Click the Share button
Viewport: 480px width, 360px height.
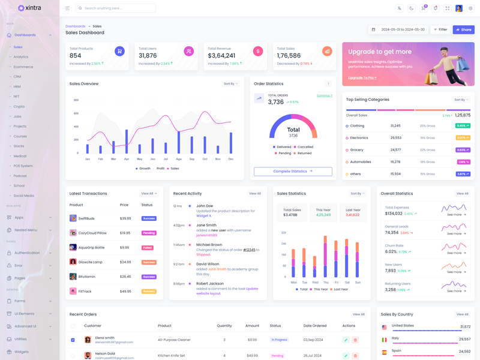pos(463,29)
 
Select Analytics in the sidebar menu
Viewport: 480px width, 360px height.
pos(21,57)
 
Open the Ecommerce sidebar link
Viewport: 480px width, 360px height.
pos(23,67)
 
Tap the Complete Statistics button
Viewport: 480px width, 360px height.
pos(293,172)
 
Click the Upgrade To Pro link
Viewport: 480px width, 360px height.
pos(362,77)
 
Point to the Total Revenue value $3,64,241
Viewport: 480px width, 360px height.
pos(221,56)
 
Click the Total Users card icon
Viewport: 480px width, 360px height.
pos(189,52)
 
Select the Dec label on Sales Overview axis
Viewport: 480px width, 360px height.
pos(231,159)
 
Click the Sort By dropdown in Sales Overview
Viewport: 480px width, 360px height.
pos(230,84)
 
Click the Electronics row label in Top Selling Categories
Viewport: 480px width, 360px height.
pos(359,138)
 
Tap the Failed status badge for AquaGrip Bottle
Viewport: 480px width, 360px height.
pos(148,248)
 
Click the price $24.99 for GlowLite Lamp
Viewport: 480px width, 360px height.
pos(125,262)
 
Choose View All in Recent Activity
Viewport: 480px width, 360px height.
pos(255,194)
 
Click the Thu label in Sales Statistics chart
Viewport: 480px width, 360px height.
pos(326,282)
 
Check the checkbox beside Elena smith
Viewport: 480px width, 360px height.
pos(73,340)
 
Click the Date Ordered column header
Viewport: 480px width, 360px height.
pos(315,326)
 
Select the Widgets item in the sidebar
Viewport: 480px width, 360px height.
pos(22,352)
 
